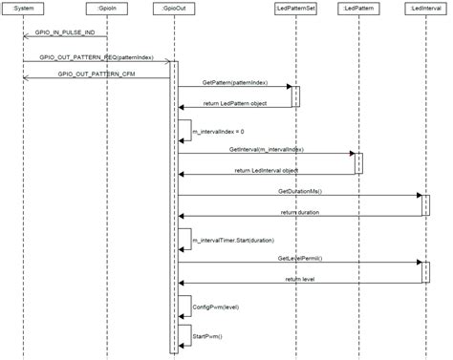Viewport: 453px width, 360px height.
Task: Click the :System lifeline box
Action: coord(25,8)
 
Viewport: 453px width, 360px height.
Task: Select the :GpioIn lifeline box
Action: coord(106,8)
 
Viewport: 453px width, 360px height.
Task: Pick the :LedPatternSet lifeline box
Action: coord(293,8)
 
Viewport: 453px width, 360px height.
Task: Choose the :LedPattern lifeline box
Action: coord(358,8)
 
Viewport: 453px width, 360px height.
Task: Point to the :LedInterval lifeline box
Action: coord(424,8)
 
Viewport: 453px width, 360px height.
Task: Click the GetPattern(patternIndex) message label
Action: coord(234,84)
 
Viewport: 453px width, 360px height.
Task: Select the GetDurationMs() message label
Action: coord(299,191)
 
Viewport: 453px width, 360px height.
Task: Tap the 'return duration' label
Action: coord(300,212)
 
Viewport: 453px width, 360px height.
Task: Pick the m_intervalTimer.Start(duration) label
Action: coord(233,240)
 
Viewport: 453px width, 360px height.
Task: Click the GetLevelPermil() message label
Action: coord(300,258)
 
